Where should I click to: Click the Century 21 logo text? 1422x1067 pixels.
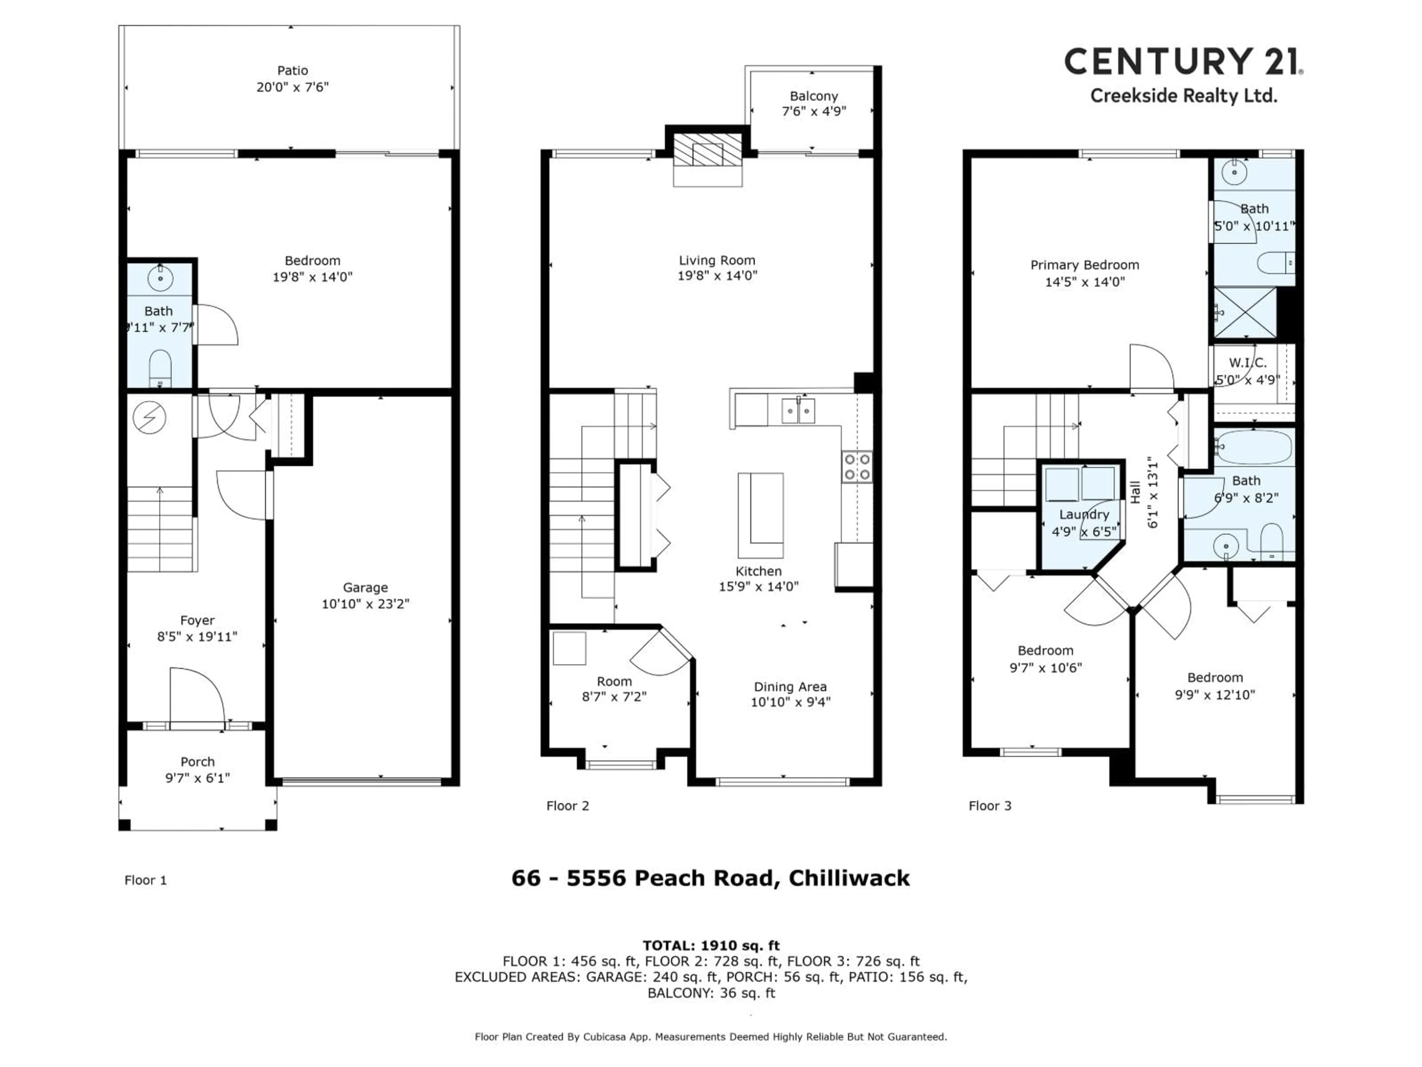coord(1183,62)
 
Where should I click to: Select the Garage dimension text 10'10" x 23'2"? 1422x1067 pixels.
coord(365,603)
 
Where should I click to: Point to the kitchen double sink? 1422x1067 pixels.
coord(798,410)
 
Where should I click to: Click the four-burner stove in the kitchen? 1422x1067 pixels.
coord(857,467)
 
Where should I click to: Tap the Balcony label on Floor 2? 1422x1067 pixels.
coord(814,96)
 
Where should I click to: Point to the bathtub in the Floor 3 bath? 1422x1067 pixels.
coord(1254,447)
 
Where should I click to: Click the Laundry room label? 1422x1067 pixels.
coord(1084,515)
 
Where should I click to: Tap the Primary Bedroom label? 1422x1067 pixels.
coord(1085,265)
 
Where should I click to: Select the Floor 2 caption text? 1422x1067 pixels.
coord(567,806)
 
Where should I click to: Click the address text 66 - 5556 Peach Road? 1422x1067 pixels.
coord(710,878)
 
